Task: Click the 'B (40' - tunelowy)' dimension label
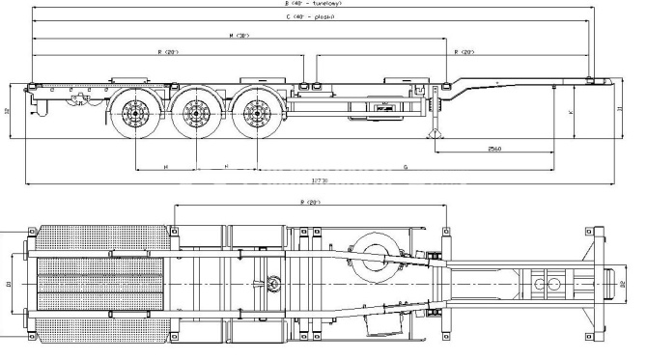click(312, 4)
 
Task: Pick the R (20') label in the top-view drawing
click(310, 202)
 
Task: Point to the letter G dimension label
click(404, 167)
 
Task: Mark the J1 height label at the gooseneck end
click(618, 109)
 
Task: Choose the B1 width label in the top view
click(9, 285)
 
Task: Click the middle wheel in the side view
click(198, 117)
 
